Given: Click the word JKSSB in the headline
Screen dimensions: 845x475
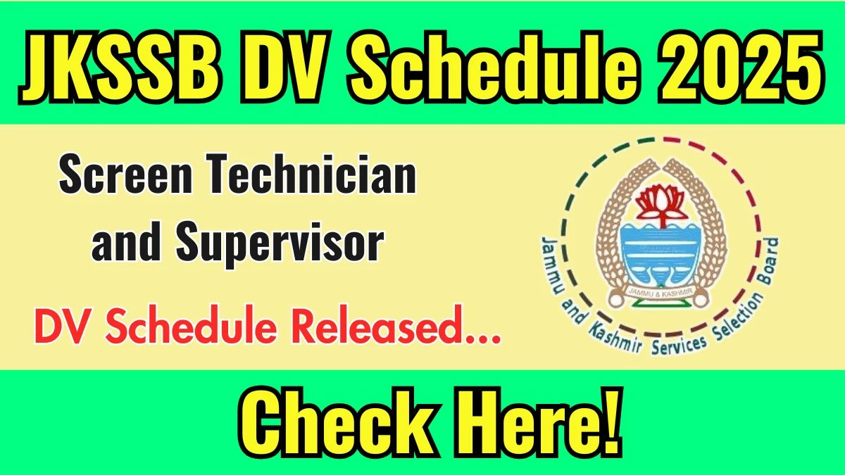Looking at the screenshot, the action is coord(120,68).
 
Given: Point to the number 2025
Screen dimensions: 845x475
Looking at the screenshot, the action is coord(742,67).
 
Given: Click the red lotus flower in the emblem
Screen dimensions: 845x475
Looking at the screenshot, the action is coord(661,207).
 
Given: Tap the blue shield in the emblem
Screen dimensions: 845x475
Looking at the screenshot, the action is coord(661,257).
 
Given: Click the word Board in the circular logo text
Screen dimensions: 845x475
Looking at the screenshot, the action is coord(768,261).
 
